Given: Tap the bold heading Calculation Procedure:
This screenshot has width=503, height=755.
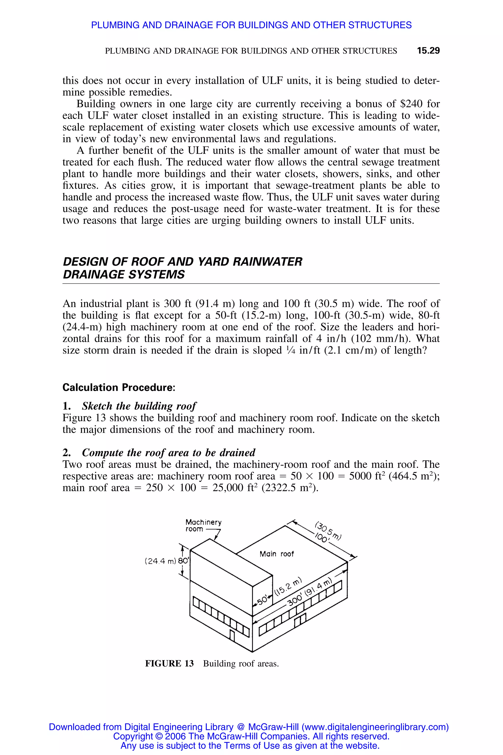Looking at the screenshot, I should click(x=119, y=387).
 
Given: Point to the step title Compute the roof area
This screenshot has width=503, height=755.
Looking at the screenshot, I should click(x=168, y=453).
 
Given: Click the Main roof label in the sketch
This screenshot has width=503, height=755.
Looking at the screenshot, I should click(x=277, y=554).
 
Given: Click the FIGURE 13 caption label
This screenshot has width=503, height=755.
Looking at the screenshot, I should click(x=169, y=663).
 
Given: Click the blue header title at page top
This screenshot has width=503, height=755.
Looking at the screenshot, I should click(x=251, y=25).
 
